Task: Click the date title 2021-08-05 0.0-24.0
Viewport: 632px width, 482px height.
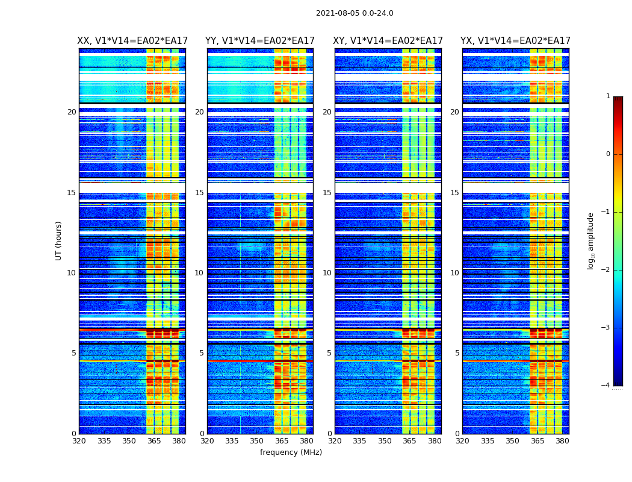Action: (355, 13)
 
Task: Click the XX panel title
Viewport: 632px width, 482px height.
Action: (132, 41)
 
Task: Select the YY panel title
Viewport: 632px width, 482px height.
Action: (260, 41)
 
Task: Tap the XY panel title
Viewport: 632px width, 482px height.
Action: (388, 41)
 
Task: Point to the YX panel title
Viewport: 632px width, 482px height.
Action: (516, 41)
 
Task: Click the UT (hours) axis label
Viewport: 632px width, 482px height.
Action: (59, 240)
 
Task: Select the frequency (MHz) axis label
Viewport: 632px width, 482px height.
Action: (291, 452)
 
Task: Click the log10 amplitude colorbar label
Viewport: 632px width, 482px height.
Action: (591, 240)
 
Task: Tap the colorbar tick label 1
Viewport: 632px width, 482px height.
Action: (608, 96)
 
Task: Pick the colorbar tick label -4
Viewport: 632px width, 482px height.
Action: (606, 386)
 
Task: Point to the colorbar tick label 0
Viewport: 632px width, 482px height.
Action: (608, 154)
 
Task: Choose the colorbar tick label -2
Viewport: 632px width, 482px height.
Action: (606, 270)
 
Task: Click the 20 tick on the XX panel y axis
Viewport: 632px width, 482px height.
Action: (72, 112)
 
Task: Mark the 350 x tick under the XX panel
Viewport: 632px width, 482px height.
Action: (129, 441)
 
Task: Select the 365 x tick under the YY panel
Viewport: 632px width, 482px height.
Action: (282, 441)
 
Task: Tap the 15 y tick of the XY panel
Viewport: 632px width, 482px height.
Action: (327, 193)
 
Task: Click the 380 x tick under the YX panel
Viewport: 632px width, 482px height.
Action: (562, 441)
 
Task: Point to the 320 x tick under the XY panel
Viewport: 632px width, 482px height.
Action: (335, 441)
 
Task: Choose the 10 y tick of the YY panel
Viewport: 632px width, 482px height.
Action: (199, 273)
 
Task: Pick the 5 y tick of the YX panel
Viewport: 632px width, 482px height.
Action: (457, 353)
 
